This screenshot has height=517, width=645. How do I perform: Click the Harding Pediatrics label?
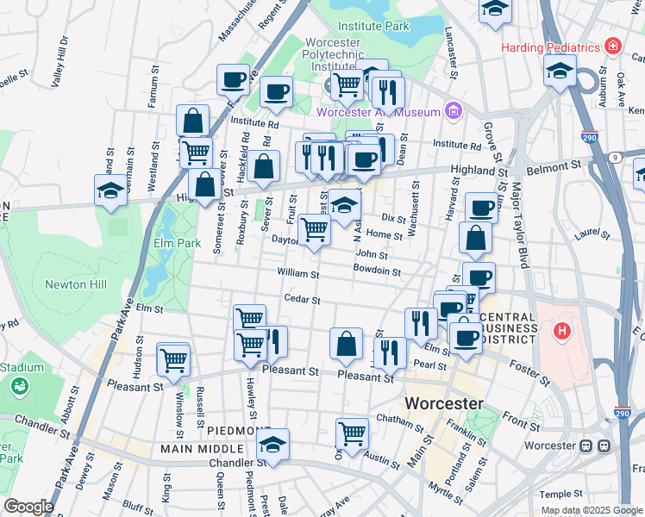tap(551, 45)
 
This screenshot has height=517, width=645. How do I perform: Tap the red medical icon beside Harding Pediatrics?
tap(613, 45)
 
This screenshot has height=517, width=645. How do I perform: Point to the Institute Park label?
tap(373, 26)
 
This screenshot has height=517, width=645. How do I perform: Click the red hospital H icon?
tap(562, 329)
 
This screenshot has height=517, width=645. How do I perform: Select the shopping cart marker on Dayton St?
tap(315, 230)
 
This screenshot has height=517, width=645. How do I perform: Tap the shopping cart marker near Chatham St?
tap(352, 433)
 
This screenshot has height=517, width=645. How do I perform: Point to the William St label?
tap(297, 274)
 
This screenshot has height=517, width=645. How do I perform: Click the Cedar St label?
tap(303, 300)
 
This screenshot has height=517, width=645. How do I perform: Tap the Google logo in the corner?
tap(28, 506)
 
